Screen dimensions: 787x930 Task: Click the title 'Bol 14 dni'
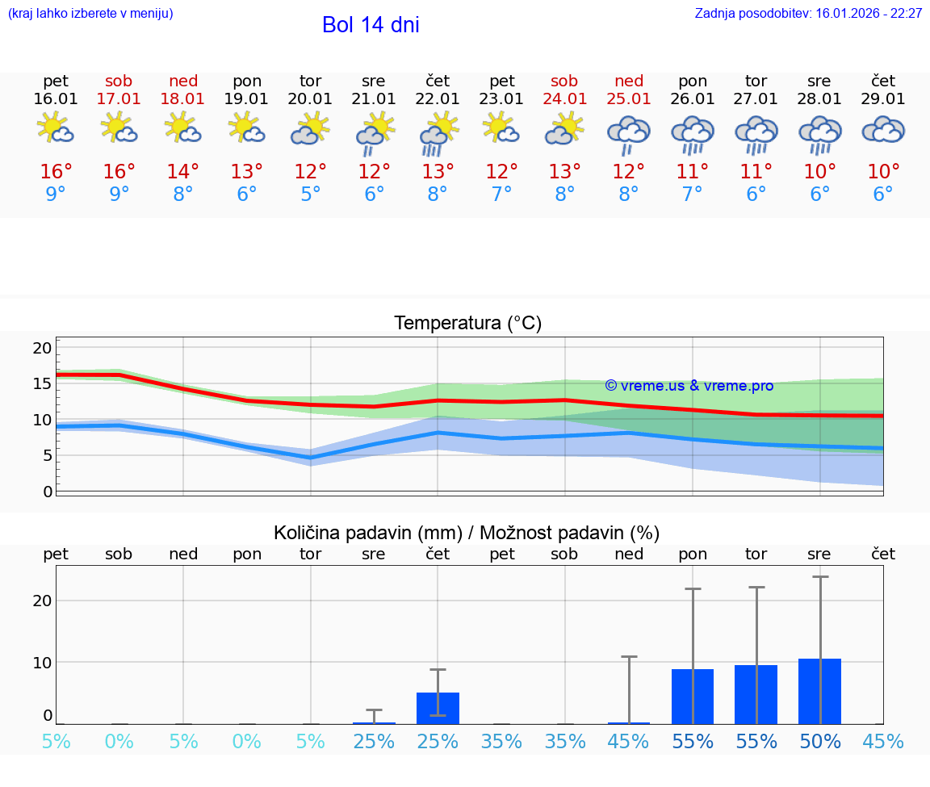371,25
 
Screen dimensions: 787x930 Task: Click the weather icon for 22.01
438,133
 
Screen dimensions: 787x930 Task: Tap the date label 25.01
629,99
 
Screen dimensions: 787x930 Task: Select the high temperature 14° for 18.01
183,172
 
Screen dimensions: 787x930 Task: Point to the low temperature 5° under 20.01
311,195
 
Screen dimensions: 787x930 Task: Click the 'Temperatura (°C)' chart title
467,324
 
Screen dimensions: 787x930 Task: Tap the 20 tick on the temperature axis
42,348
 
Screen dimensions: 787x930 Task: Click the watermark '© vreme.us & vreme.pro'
689,386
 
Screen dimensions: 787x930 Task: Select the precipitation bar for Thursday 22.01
438,708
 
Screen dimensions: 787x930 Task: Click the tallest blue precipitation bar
819,691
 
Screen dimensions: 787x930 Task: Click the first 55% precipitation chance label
693,742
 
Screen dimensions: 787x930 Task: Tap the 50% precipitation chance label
819,742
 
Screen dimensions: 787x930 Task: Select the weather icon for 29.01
883,131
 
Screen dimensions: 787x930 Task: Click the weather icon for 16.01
56,129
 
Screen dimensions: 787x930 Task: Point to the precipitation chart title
467,533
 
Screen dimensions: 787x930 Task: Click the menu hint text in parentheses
90,14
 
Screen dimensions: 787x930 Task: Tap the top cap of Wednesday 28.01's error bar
820,577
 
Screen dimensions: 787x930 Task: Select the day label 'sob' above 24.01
564,81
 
